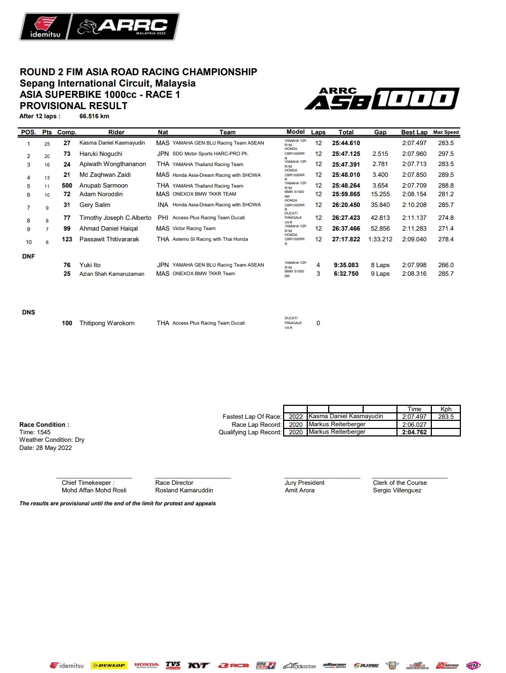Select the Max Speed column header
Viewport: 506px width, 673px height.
(x=446, y=132)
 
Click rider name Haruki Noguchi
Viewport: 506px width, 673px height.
(x=100, y=154)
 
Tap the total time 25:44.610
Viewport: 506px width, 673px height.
(x=346, y=144)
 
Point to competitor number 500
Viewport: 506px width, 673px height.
(x=67, y=185)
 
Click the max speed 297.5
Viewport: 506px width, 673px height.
(x=445, y=154)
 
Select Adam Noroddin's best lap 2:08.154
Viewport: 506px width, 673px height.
(x=414, y=194)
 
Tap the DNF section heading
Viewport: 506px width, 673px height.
(x=28, y=256)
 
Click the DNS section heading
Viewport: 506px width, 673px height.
(x=28, y=312)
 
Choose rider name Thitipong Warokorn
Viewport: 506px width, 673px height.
(x=107, y=323)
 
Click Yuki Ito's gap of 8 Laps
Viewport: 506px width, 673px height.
(x=380, y=265)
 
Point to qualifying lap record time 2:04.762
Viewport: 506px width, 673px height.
(x=414, y=432)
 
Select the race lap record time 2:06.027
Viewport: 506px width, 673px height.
(x=414, y=424)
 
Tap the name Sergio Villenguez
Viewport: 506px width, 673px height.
(x=397, y=490)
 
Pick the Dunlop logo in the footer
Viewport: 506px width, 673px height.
(x=109, y=665)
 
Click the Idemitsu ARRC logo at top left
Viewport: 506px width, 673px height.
(x=99, y=26)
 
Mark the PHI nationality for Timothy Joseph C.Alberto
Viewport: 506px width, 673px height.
(x=163, y=218)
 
